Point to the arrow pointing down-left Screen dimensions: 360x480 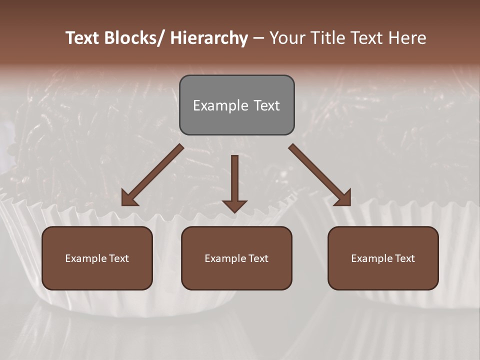click(x=152, y=175)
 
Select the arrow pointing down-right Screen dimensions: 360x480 click(x=320, y=175)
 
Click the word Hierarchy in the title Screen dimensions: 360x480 click(x=209, y=38)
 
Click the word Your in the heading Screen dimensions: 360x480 click(x=285, y=38)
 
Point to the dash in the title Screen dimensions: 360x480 click(x=258, y=38)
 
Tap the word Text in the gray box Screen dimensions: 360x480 click(x=266, y=105)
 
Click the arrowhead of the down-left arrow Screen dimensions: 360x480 click(x=129, y=198)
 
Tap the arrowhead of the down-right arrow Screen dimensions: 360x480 click(x=343, y=198)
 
